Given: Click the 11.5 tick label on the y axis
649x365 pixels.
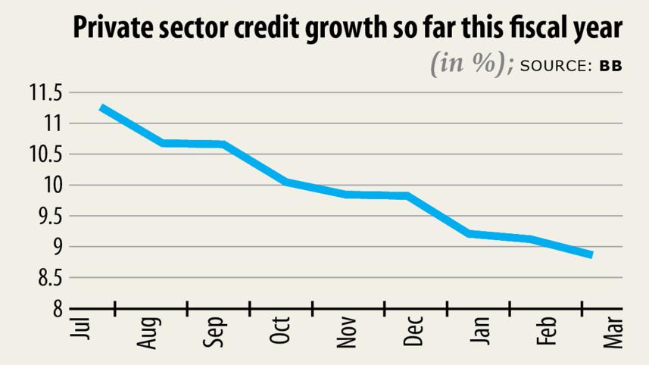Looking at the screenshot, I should point(45,93).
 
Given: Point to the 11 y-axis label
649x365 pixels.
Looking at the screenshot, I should point(50,123).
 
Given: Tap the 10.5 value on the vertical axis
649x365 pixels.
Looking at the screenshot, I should point(45,154).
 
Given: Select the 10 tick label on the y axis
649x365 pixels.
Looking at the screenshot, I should point(50,186).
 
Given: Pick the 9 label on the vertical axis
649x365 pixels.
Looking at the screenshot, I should point(55,247).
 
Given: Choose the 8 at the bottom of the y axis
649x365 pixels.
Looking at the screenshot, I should point(55,309).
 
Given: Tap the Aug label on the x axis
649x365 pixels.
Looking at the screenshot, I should point(149,332).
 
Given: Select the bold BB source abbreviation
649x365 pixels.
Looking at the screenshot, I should point(610,66).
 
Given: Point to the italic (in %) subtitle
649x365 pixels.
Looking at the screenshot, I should point(473,64).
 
